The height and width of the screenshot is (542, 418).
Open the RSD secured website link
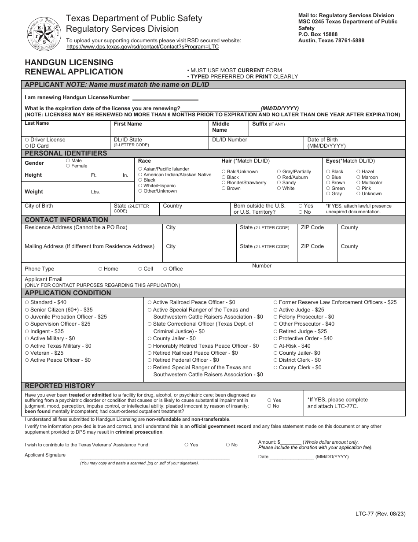pyautogui.click(x=142, y=47)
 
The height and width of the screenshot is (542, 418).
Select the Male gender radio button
pyautogui.click(x=68, y=161)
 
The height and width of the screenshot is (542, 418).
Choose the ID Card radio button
pyautogui.click(x=27, y=146)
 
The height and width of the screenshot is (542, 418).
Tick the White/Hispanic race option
pyautogui.click(x=140, y=186)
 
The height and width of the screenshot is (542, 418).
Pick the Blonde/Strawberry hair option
pyautogui.click(x=224, y=183)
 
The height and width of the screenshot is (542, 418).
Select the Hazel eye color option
pyautogui.click(x=358, y=172)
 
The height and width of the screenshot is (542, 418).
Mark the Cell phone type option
pyautogui.click(x=140, y=269)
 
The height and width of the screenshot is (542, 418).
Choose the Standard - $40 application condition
pyautogui.click(x=27, y=303)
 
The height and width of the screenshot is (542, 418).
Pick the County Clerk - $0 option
pyautogui.click(x=275, y=368)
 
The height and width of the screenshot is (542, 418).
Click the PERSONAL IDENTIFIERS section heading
pyautogui.click(x=66, y=153)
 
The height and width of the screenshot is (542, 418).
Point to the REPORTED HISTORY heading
pyautogui.click(x=60, y=386)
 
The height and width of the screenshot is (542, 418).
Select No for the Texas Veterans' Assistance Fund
pyautogui.click(x=228, y=445)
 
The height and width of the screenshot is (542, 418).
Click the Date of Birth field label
pyautogui.click(x=323, y=140)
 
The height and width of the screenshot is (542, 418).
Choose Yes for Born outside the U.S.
pyautogui.click(x=301, y=206)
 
